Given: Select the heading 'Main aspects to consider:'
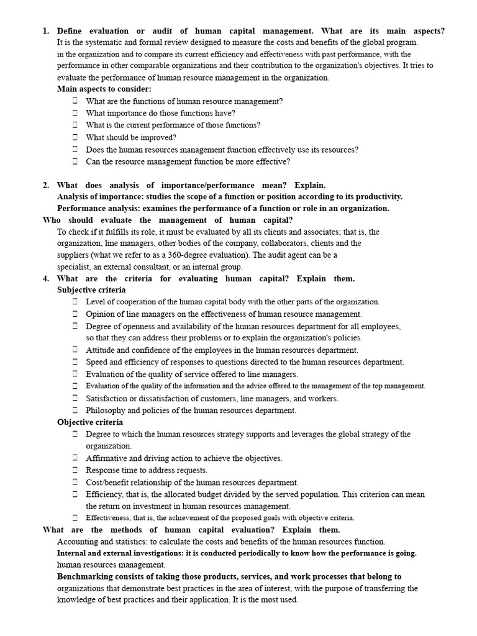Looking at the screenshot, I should [x=104, y=89].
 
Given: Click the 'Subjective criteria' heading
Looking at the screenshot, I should [x=91, y=289].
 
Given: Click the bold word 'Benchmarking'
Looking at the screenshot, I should [x=84, y=576].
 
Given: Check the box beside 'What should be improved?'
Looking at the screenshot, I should [x=75, y=137].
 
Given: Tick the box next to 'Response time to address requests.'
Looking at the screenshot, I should [x=75, y=470].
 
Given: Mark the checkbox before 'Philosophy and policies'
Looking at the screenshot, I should [x=75, y=410].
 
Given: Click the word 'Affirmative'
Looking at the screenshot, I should [x=105, y=458].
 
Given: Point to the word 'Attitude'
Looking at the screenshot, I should [x=99, y=350].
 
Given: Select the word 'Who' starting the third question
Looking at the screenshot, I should [x=51, y=220].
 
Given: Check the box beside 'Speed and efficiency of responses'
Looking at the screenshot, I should [x=75, y=361].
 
